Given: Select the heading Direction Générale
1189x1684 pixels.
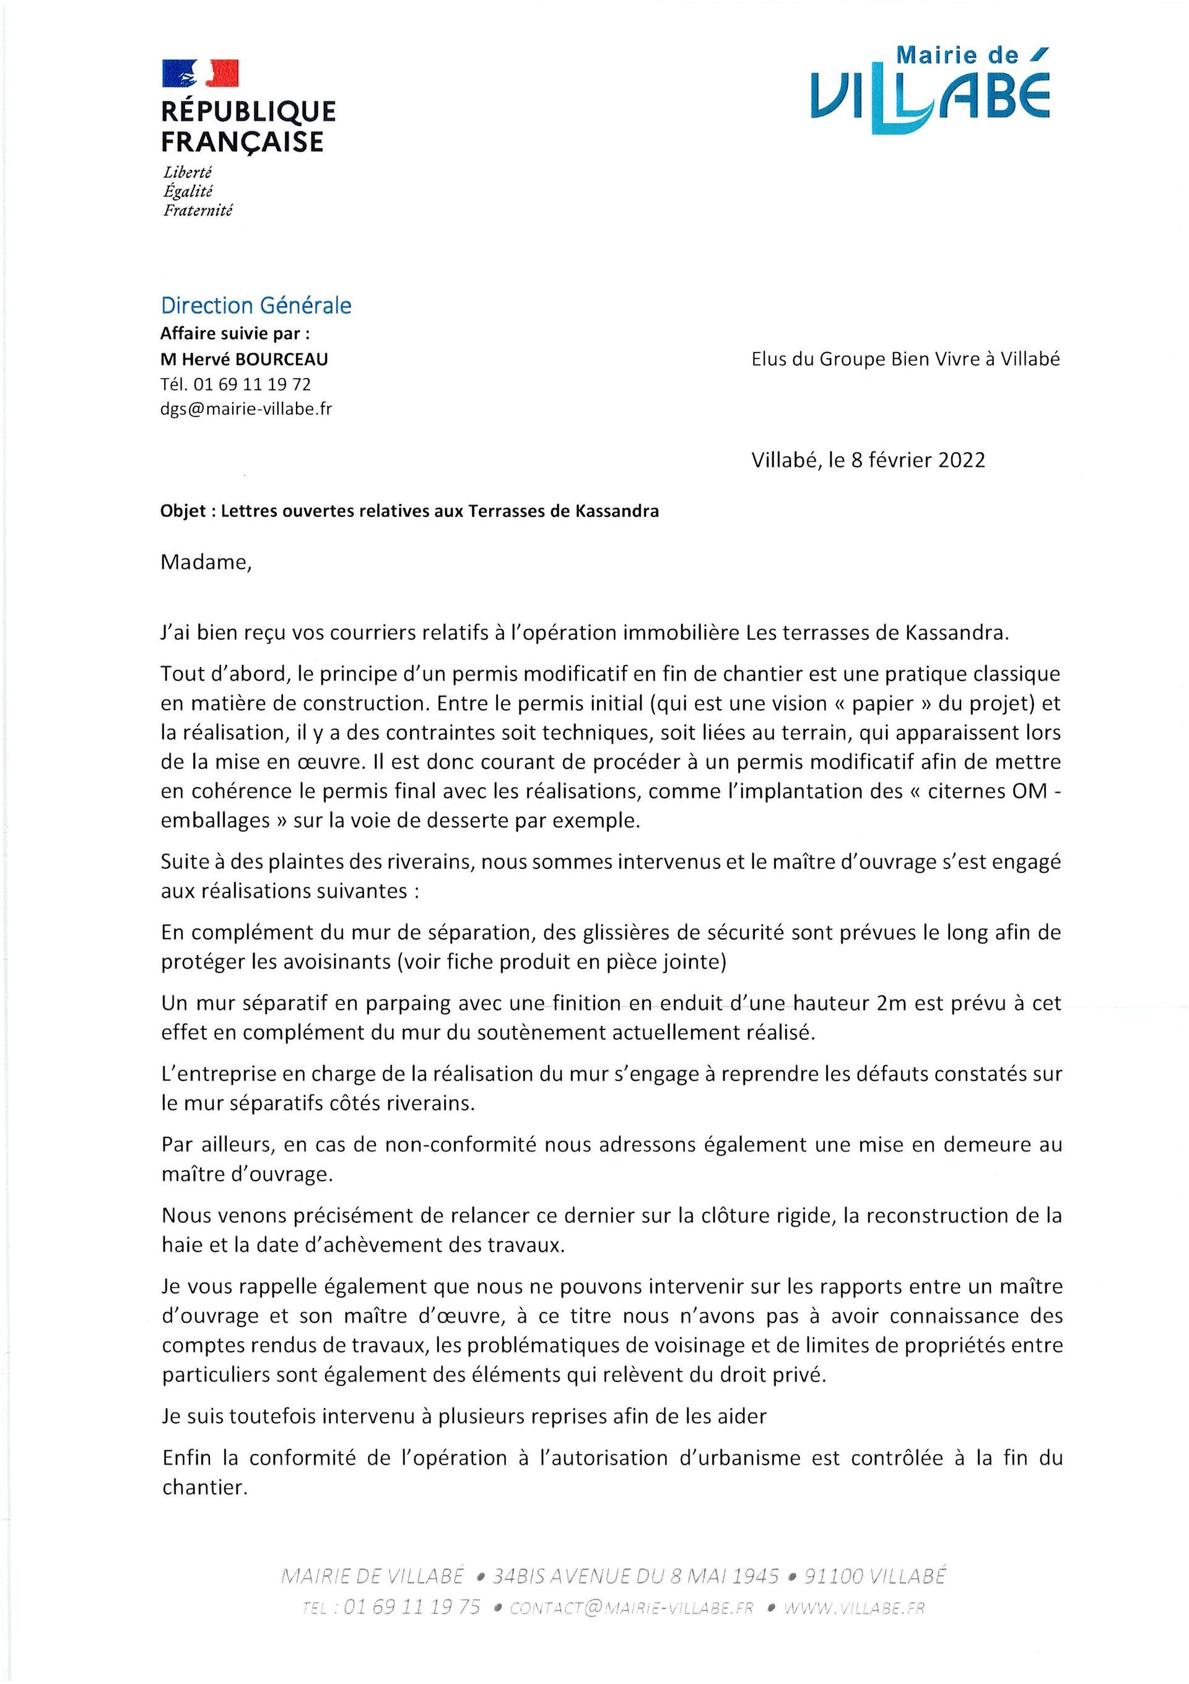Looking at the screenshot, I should coord(256,305).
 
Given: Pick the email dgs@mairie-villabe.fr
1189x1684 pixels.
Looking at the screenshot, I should coord(246,409).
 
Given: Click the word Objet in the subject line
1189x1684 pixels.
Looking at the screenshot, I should coord(183,511).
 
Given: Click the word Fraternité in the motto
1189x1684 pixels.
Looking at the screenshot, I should coord(198,211).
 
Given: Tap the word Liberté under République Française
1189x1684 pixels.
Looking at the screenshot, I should coord(188,173).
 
